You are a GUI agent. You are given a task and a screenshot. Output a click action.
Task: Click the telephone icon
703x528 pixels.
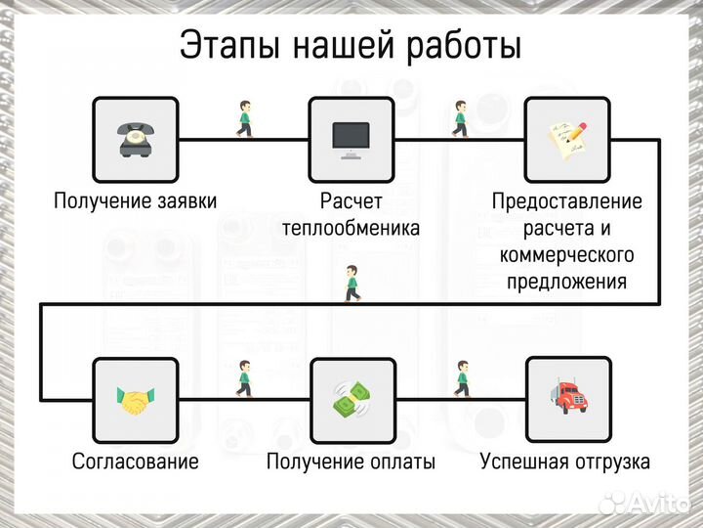point(135,139)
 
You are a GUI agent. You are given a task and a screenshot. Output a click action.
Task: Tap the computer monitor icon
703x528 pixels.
point(351,139)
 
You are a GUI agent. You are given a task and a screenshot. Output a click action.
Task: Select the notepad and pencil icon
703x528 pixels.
point(567,139)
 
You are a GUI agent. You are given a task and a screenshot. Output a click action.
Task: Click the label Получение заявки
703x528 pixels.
point(135,201)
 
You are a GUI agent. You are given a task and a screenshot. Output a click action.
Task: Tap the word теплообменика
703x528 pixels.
point(351,229)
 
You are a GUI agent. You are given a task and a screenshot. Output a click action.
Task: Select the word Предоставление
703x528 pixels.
point(567,201)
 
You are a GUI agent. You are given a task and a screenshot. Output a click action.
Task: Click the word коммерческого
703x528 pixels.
point(567,255)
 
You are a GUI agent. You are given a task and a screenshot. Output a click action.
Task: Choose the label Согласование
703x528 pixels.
point(135,462)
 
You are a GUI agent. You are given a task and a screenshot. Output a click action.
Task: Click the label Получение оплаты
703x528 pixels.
point(351,462)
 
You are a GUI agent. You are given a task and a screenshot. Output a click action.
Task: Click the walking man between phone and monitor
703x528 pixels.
point(244,118)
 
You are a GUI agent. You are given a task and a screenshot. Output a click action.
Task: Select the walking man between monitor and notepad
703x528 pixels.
point(461,118)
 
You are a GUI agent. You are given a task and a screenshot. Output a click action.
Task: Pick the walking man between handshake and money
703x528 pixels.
point(244,378)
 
